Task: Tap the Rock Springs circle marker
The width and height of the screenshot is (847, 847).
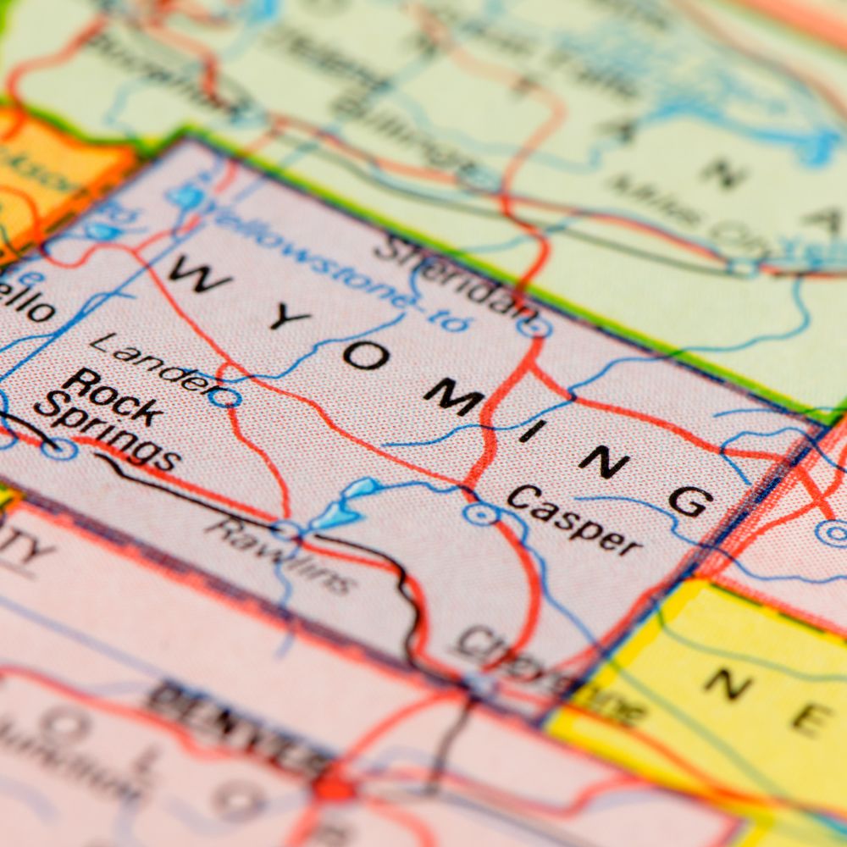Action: click(x=58, y=448)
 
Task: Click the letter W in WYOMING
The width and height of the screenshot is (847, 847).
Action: click(x=199, y=275)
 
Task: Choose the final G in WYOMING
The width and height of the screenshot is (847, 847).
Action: click(x=689, y=501)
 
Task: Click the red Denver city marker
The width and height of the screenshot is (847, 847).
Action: click(x=335, y=788)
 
